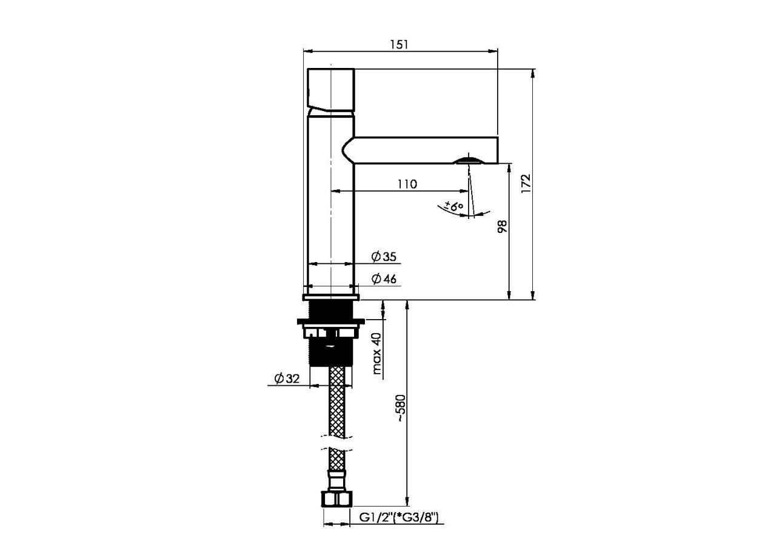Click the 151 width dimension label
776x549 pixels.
(x=399, y=45)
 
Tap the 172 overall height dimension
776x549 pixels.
(x=526, y=183)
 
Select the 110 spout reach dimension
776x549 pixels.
(x=407, y=184)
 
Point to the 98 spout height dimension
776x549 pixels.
(x=502, y=226)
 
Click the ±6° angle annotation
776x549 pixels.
(x=454, y=206)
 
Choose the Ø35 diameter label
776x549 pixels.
(x=384, y=257)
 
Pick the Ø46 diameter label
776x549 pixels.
(x=384, y=279)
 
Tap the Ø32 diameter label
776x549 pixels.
(x=287, y=379)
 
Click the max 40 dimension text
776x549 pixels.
(x=377, y=354)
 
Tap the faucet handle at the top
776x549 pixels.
(x=331, y=90)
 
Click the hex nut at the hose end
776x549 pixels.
(x=336, y=499)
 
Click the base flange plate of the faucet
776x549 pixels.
(x=331, y=297)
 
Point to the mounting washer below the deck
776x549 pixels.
(x=331, y=322)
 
